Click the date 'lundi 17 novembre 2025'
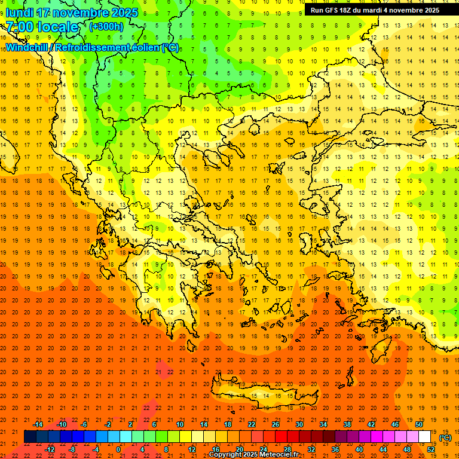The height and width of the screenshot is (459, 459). point(72,13)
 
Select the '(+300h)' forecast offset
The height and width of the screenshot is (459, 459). point(106,26)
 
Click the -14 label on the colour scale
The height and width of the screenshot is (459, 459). point(38,424)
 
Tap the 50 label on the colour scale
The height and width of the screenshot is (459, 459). point(418,424)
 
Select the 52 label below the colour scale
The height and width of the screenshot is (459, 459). point(431,449)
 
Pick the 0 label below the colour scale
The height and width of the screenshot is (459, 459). point(118,449)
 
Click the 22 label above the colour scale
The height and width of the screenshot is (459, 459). point(252,424)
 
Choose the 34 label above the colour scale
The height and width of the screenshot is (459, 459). point(323,424)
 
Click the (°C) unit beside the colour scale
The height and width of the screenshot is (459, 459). point(445,437)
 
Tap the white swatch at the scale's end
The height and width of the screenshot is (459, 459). point(424,437)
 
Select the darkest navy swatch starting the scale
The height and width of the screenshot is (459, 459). point(30,437)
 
